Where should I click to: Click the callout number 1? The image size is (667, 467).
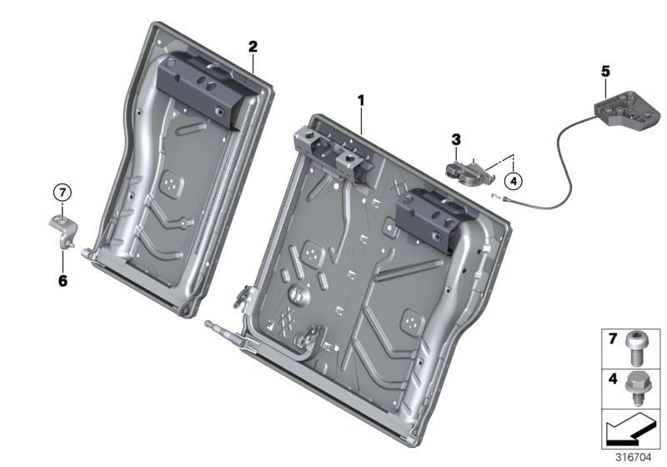(361, 101)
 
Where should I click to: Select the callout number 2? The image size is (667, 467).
(253, 47)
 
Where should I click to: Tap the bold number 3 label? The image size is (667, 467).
(456, 138)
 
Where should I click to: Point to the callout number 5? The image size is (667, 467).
(605, 72)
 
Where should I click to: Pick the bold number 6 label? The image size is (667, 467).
(62, 280)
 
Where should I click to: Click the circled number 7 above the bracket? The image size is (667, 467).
(62, 193)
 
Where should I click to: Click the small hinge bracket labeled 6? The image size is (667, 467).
(62, 229)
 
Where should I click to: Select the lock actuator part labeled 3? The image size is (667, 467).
(469, 170)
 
